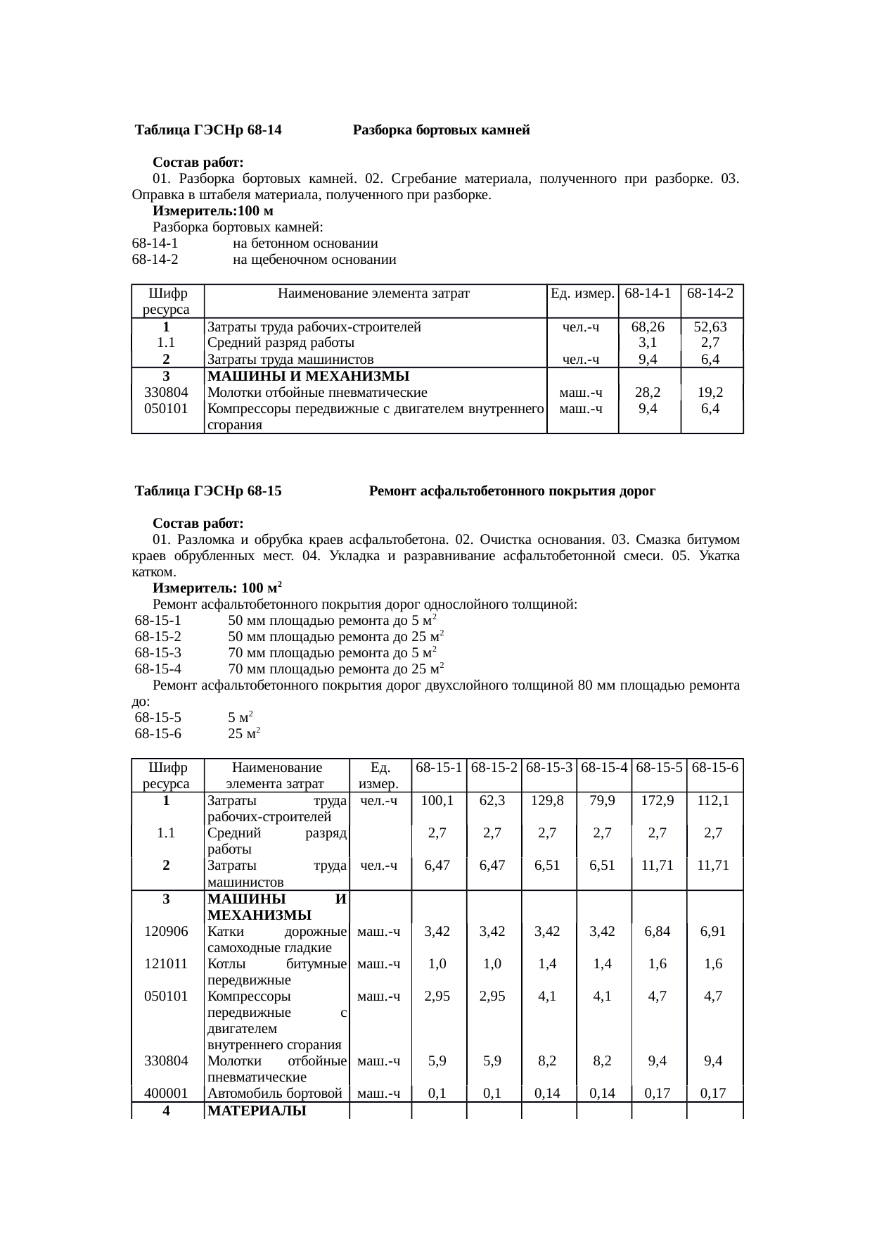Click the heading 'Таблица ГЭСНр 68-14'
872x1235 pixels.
[208, 130]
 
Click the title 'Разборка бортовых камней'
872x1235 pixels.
[441, 130]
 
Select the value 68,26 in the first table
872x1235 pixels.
[648, 327]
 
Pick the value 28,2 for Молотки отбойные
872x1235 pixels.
[648, 393]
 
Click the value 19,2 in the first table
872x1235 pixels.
[710, 393]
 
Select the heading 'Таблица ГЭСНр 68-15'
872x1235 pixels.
[208, 491]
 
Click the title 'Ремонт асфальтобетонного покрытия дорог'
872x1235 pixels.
[512, 491]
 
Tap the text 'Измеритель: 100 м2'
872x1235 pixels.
[218, 588]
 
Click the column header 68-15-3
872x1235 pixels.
[549, 767]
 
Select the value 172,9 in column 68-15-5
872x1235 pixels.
[658, 801]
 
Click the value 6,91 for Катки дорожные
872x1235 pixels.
[713, 932]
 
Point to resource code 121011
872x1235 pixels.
[166, 964]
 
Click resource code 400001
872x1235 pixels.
[166, 1093]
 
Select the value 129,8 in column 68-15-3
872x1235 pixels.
[548, 801]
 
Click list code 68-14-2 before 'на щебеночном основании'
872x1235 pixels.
[155, 260]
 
